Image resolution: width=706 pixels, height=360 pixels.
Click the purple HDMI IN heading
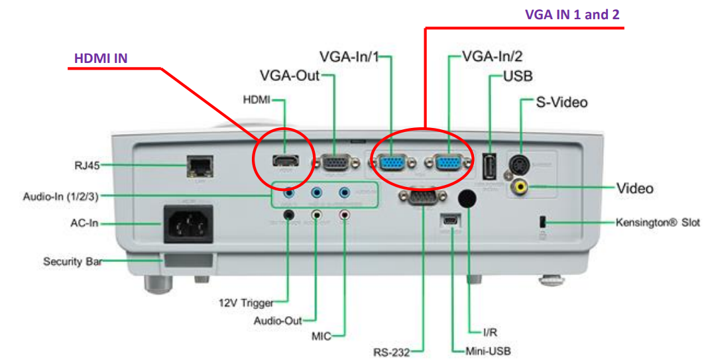coord(100,58)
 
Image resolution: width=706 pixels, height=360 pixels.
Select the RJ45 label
coord(88,165)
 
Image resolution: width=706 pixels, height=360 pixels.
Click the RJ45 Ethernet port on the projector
coord(198,165)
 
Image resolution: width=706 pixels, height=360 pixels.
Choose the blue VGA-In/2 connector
coord(449,162)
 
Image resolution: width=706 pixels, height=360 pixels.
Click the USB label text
coord(518,76)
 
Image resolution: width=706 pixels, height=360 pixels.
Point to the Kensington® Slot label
coord(658,222)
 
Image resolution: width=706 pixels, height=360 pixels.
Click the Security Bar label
coord(72,261)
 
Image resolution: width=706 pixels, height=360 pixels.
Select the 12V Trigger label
coord(246,303)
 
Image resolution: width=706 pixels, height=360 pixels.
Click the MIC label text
coord(321,336)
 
